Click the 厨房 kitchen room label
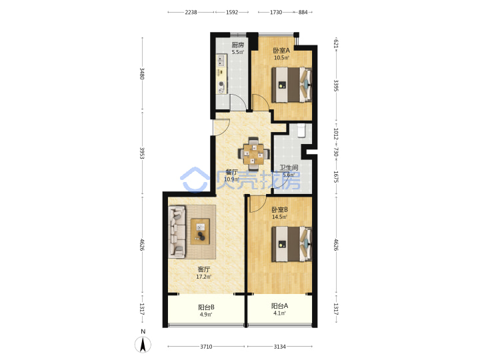[x=238, y=45]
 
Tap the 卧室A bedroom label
[x=281, y=50]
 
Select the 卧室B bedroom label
[x=279, y=210]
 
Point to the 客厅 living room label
[x=204, y=269]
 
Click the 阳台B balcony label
[x=206, y=307]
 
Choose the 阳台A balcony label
[x=279, y=306]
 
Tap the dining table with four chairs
[x=253, y=154]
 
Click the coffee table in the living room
[x=200, y=231]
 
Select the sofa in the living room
[x=177, y=231]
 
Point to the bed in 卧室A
[x=292, y=85]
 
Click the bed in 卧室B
[x=292, y=244]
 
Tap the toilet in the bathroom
[x=301, y=131]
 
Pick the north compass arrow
[x=143, y=344]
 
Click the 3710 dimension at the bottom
[x=206, y=347]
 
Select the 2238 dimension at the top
[x=191, y=12]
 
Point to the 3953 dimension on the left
[x=142, y=153]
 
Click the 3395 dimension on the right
[x=336, y=85]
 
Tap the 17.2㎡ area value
[x=204, y=277]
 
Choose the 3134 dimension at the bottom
[x=279, y=347]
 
